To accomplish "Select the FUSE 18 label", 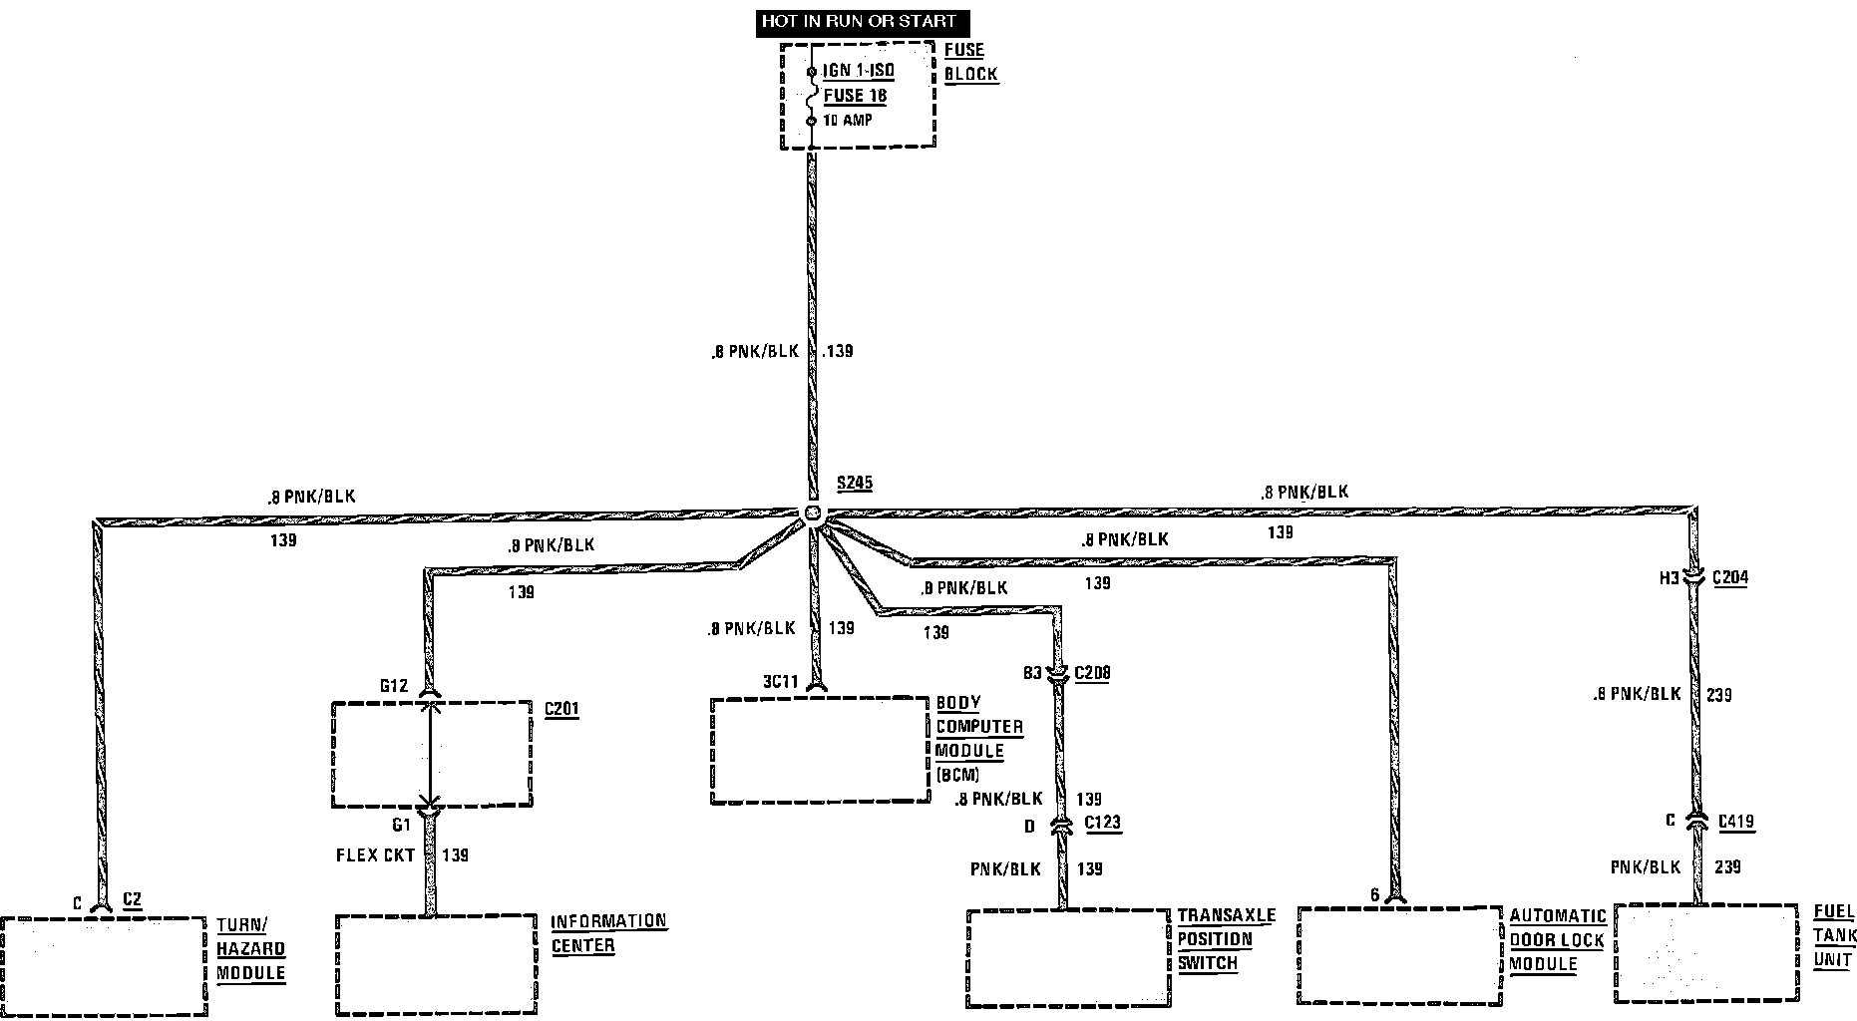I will (855, 96).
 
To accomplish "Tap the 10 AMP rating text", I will (847, 121).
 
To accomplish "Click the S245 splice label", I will (855, 484).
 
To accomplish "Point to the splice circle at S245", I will (814, 513).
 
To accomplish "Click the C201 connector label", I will (561, 709).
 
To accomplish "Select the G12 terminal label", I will (394, 686).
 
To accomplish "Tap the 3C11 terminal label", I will (781, 682).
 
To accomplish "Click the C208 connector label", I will (1092, 673).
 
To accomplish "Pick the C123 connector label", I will (1102, 824).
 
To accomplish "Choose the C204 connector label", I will (1729, 577).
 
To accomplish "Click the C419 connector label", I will (1736, 823).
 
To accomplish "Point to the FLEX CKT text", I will (375, 855).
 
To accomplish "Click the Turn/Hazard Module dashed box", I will (103, 965).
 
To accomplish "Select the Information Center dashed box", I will (436, 963).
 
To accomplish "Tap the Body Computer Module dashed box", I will (820, 750).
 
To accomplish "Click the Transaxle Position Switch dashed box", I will (1067, 957).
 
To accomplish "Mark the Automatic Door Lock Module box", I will (1399, 954).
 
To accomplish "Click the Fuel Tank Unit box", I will (1707, 952).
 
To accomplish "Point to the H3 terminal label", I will (1669, 577).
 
